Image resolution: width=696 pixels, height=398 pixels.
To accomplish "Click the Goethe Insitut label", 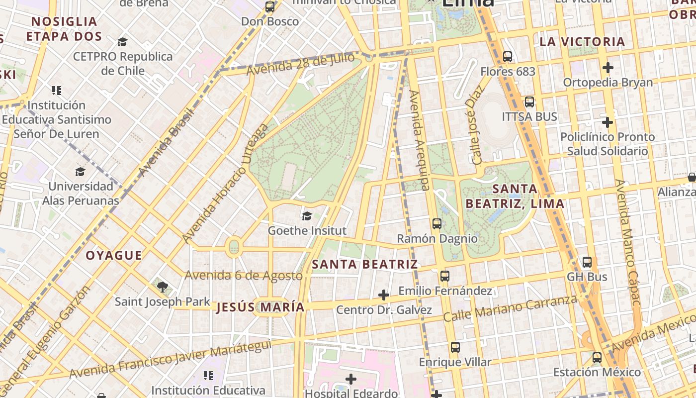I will coord(307,231).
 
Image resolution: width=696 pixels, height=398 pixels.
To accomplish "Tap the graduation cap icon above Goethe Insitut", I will coord(307,216).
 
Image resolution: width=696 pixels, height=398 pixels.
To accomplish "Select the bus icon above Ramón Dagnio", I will coord(437,224).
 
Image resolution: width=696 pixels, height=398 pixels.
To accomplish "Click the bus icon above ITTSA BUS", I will coord(529,102).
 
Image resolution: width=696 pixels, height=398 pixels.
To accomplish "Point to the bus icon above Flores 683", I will coord(508,57).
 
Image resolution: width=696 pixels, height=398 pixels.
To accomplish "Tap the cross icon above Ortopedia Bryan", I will coord(608,67).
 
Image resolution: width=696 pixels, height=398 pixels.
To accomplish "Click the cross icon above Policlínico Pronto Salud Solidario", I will coord(607,122).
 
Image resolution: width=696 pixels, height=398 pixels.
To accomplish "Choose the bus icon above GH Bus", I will coord(587,262).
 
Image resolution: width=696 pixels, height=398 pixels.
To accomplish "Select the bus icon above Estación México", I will coord(597,358).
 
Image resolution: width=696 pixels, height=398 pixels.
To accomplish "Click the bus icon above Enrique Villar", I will coord(455,347).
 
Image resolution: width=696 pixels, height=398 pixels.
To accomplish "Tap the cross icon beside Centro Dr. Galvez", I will coord(383,295).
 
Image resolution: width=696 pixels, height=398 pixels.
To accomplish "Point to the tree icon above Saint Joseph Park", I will coord(162,287).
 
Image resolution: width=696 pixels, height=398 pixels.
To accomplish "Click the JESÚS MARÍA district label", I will coord(261,307).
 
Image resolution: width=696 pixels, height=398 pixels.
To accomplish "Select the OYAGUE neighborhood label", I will coord(114,256).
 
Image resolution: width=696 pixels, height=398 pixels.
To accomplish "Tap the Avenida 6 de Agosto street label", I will coord(244,275).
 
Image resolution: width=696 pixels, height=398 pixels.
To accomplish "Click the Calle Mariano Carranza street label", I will coord(510,308).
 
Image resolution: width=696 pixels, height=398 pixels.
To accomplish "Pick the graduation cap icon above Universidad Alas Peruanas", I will coord(80,172).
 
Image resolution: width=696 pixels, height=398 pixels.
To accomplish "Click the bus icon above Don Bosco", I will coord(270,7).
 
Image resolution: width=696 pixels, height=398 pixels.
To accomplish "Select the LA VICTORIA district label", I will coord(582,42).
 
